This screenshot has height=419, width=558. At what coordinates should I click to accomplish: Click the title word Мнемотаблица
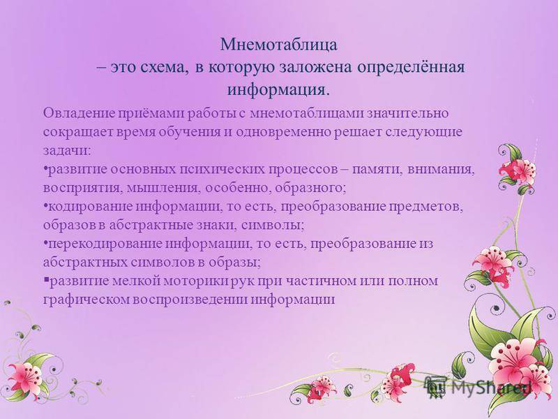point(278,45)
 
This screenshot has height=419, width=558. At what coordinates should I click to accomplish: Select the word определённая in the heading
point(411,68)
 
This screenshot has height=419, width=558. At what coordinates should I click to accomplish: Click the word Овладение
point(79,113)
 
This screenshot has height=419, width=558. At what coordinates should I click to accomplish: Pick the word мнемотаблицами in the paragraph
point(307,113)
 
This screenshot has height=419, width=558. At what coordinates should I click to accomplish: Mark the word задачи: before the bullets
point(67,151)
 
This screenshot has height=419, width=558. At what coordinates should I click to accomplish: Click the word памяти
point(377,170)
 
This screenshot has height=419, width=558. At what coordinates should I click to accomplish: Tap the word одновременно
point(283,132)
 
